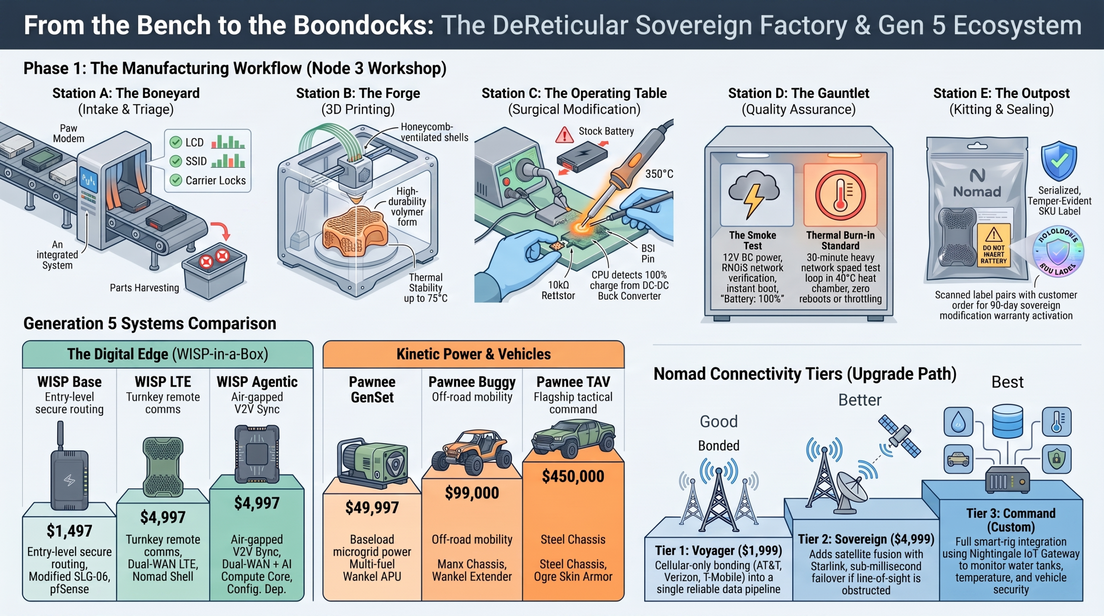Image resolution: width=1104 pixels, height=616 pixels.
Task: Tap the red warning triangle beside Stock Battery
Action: click(x=564, y=135)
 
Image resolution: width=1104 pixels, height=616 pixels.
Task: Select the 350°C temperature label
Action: click(x=659, y=174)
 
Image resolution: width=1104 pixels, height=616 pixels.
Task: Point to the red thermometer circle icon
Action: click(x=840, y=195)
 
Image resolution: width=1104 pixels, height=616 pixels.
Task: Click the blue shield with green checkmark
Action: click(x=1059, y=160)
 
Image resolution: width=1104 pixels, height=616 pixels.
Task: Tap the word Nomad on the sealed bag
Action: click(x=977, y=191)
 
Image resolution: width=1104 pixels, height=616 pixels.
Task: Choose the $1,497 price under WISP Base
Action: click(x=69, y=531)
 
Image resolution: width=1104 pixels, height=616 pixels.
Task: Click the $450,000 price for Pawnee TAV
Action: click(x=573, y=476)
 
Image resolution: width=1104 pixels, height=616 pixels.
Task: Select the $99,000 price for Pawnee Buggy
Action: click(x=472, y=492)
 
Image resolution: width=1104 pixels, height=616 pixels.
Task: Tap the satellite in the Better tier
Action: click(x=900, y=436)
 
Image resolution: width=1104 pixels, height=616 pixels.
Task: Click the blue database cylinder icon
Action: click(x=1007, y=421)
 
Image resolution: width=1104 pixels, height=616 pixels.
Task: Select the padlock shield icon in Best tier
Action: click(x=1057, y=459)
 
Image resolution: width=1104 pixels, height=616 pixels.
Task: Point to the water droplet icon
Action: click(x=958, y=422)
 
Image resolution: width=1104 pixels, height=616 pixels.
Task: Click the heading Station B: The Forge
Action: click(x=358, y=93)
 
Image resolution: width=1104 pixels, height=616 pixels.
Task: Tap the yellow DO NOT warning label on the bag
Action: click(x=994, y=244)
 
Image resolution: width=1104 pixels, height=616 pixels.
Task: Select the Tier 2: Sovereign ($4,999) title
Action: click(x=866, y=539)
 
